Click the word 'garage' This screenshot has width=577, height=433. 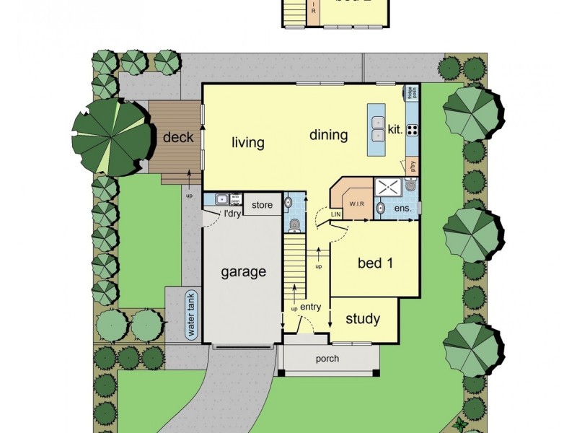click(x=243, y=272)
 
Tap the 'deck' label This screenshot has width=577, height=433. click(x=177, y=136)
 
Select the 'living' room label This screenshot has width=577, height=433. click(x=247, y=142)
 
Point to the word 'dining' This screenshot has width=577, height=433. click(x=329, y=135)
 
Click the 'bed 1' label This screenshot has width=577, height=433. click(x=375, y=263)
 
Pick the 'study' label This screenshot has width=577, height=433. click(x=363, y=319)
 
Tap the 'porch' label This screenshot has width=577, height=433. click(x=327, y=359)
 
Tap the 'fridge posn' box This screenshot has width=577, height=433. click(x=411, y=93)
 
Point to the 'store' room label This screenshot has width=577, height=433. click(x=263, y=206)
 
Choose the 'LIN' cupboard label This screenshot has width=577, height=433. click(x=335, y=214)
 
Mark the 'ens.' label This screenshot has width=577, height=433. click(x=402, y=209)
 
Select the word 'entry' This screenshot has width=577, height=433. click(x=310, y=307)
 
